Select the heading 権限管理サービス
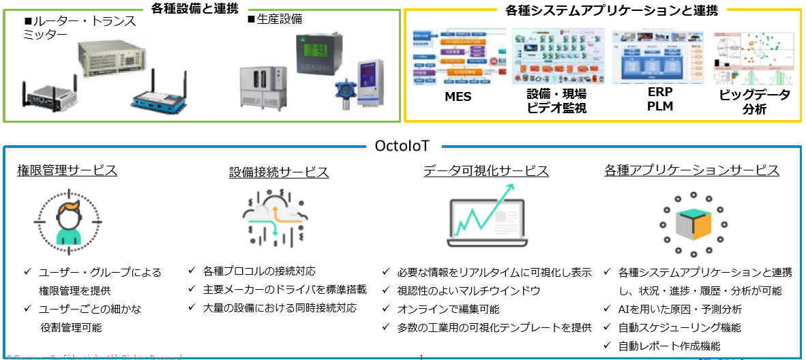pyautogui.click(x=67, y=170)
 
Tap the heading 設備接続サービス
pyautogui.click(x=279, y=172)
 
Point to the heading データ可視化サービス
pyautogui.click(x=486, y=170)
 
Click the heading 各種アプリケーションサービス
pyautogui.click(x=691, y=170)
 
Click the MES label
pyautogui.click(x=458, y=97)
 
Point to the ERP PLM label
pyautogui.click(x=659, y=99)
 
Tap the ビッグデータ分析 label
pyautogui.click(x=755, y=102)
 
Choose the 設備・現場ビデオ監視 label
pyautogui.click(x=556, y=102)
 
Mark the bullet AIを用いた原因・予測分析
pyautogui.click(x=680, y=309)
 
